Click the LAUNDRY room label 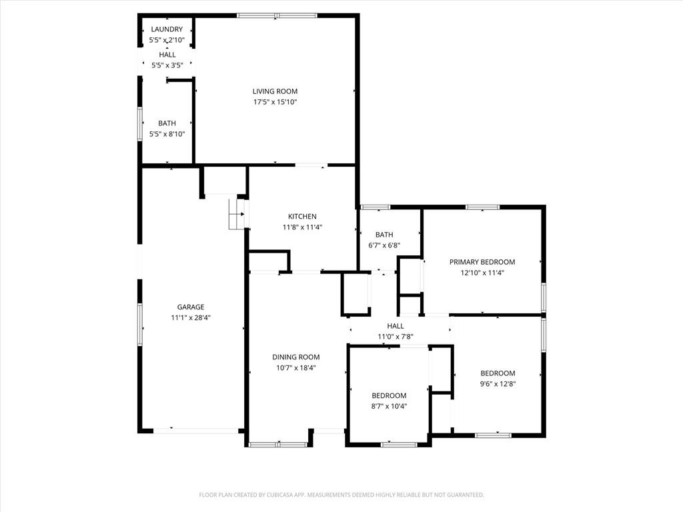(167, 29)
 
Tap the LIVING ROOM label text (275, 91)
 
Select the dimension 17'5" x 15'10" (275, 102)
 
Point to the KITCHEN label (302, 217)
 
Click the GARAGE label (191, 307)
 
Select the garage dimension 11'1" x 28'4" (191, 318)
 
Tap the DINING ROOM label (296, 357)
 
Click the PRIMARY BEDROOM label (482, 262)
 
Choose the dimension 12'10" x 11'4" (482, 273)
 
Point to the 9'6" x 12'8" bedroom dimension (498, 384)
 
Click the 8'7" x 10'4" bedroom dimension (389, 407)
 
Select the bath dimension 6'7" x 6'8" (384, 245)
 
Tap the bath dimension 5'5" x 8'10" (167, 134)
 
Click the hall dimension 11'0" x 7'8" (396, 337)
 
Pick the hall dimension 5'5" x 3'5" (167, 65)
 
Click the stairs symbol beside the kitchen (236, 214)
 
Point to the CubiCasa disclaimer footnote (341, 495)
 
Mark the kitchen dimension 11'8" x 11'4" (302, 227)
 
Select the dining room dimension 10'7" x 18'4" (296, 368)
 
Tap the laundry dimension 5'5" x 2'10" (167, 40)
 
